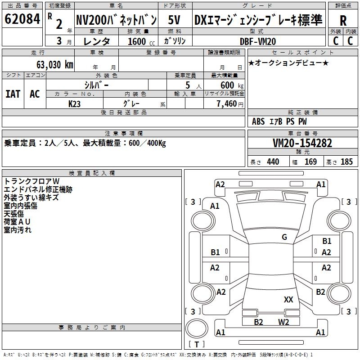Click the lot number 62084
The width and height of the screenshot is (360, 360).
pos(22,20)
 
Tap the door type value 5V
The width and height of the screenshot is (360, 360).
pos(175,20)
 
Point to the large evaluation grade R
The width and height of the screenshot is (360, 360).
pos(343,21)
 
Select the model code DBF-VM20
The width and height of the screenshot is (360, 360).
pos(258,41)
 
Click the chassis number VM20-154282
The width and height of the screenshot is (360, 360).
pos(302,143)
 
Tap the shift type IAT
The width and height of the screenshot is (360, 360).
pos(13,94)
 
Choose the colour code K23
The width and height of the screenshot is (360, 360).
pos(75,103)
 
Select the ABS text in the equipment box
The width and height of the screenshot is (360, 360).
pos(258,121)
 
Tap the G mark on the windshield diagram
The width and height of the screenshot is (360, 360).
pos(284,237)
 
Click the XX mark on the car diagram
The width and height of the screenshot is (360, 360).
pos(288,299)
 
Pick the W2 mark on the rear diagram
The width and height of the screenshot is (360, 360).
pos(283,322)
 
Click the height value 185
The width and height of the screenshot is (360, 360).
pos(346,162)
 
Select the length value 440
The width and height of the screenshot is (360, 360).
pos(273,162)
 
